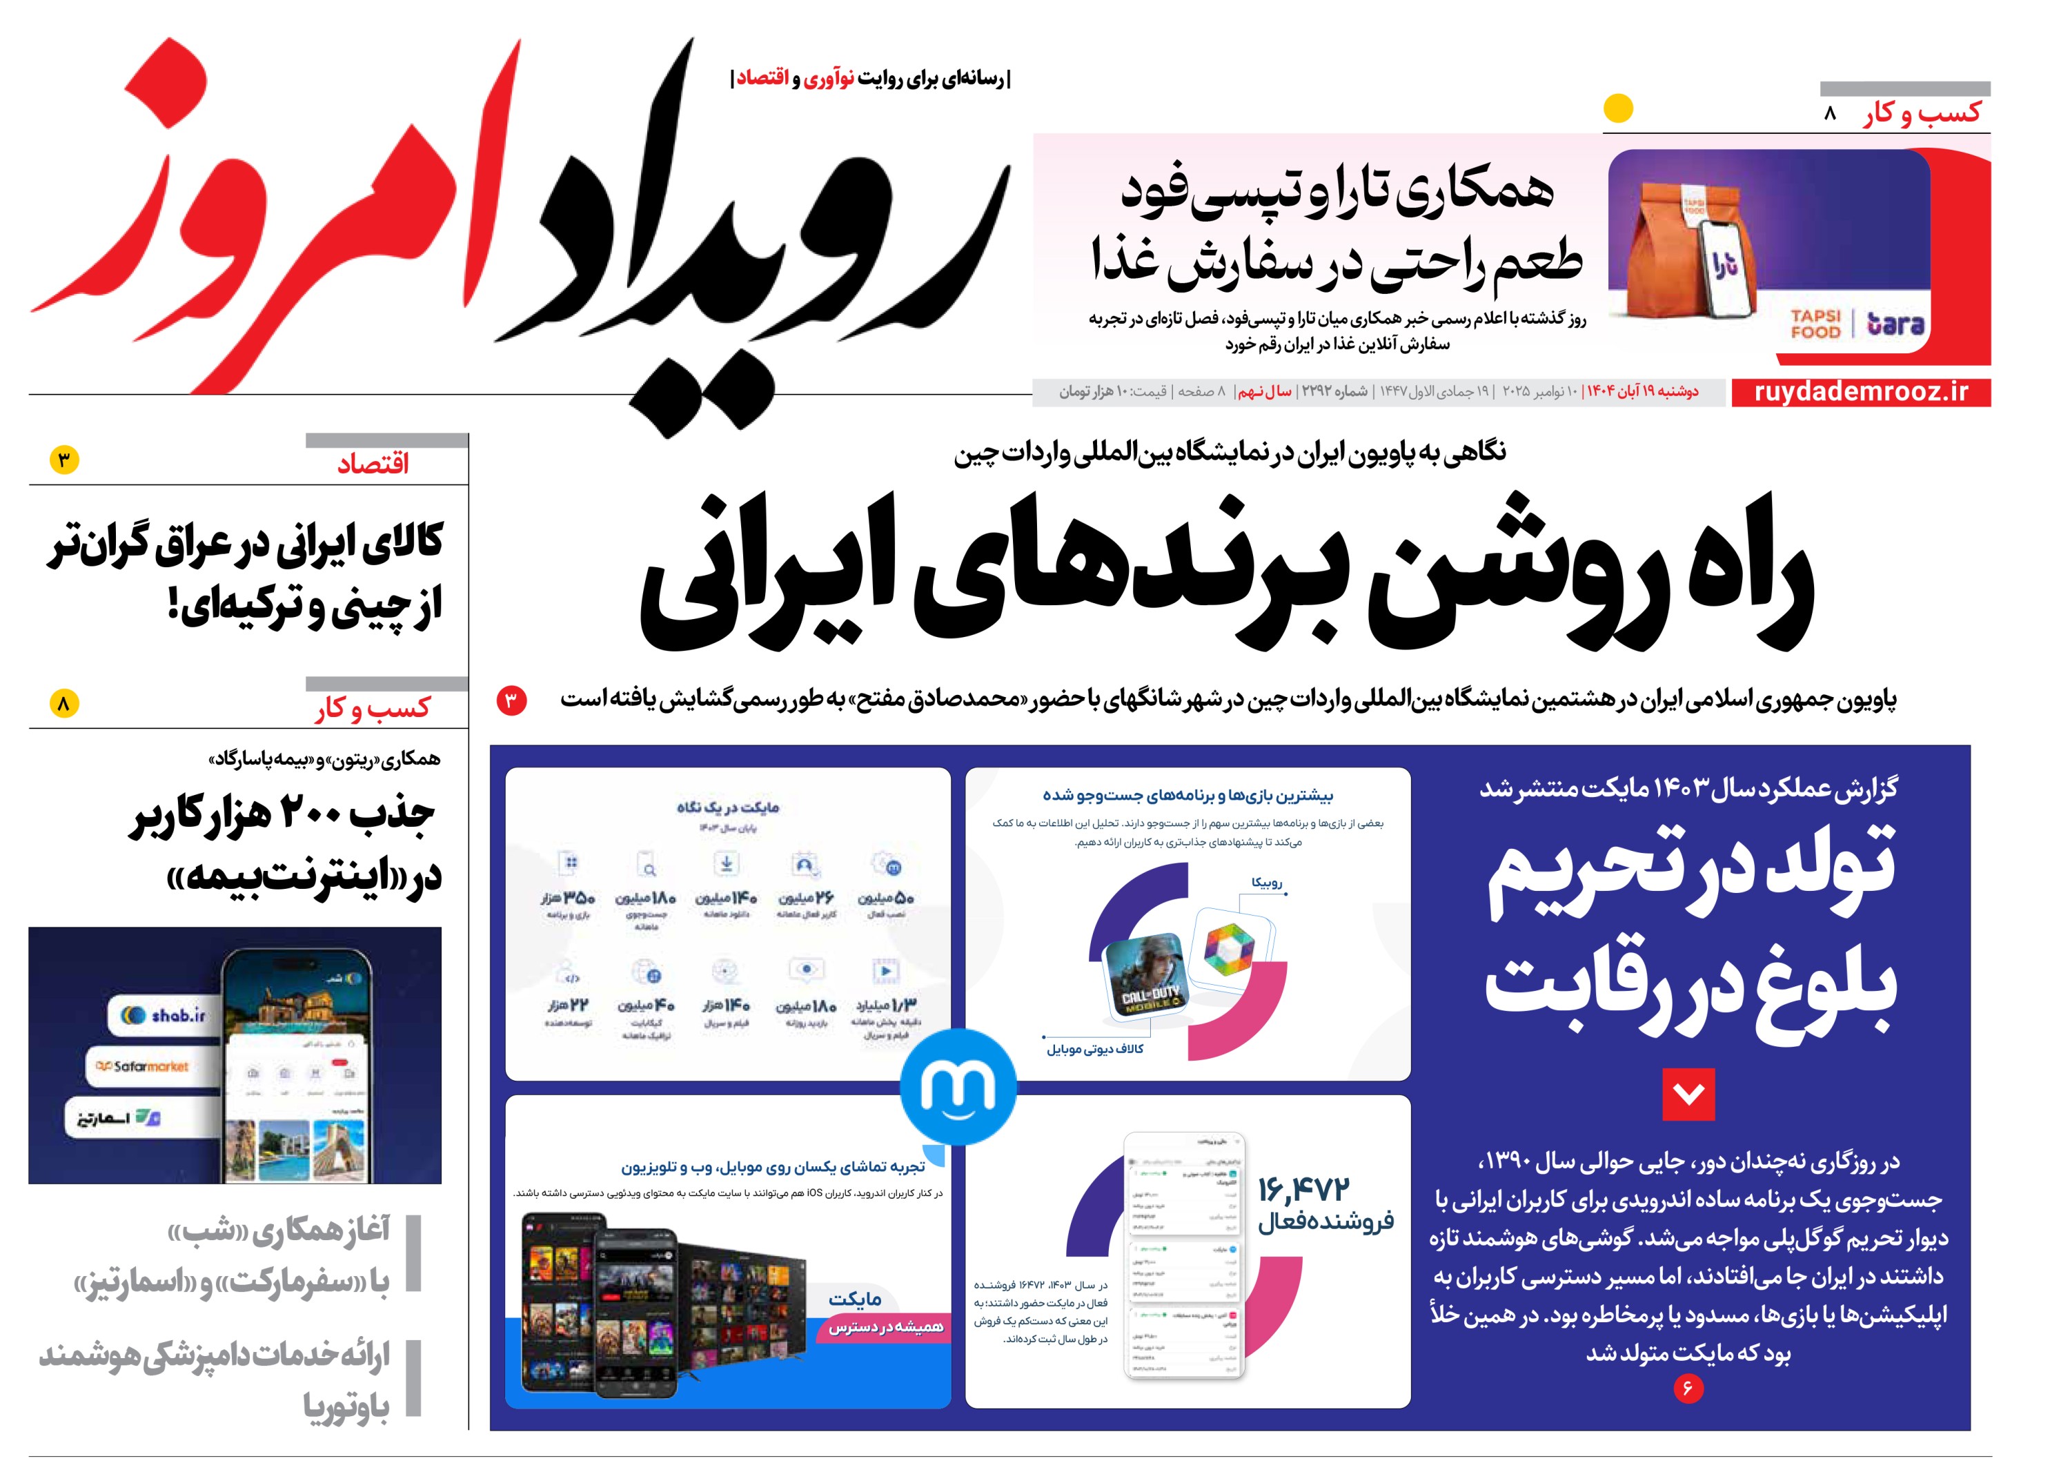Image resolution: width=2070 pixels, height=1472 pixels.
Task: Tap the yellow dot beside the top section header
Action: tap(1618, 109)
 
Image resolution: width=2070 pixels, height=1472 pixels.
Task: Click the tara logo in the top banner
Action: tap(1895, 324)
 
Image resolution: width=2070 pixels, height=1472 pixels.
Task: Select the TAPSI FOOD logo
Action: tap(1815, 324)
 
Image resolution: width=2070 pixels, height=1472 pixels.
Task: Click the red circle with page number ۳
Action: tap(511, 700)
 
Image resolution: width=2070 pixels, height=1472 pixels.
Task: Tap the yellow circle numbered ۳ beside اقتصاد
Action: tap(64, 460)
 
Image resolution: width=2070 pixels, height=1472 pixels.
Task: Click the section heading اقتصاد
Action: tap(373, 464)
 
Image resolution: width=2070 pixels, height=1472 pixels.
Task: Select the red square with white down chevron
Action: tap(1688, 1094)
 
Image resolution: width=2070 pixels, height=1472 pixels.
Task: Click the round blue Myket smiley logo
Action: tap(958, 1086)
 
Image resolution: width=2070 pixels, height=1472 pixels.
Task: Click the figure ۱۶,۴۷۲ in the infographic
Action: tap(1304, 1189)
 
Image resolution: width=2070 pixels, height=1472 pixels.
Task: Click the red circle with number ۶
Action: tap(1688, 1388)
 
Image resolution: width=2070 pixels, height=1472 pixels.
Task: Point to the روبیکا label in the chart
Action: tap(1266, 883)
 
